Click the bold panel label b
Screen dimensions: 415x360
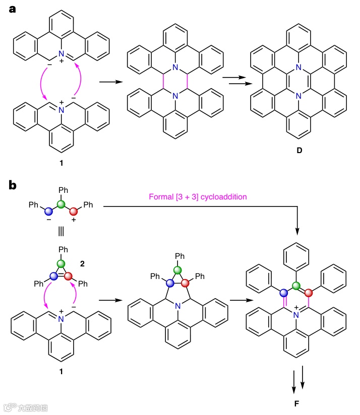pyautogui.click(x=14, y=185)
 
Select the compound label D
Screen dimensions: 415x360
pyautogui.click(x=299, y=149)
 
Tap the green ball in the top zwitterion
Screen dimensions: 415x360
pyautogui.click(x=62, y=204)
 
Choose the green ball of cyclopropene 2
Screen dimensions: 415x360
pyautogui.click(x=62, y=263)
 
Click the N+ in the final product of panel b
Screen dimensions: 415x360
pyautogui.click(x=297, y=316)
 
